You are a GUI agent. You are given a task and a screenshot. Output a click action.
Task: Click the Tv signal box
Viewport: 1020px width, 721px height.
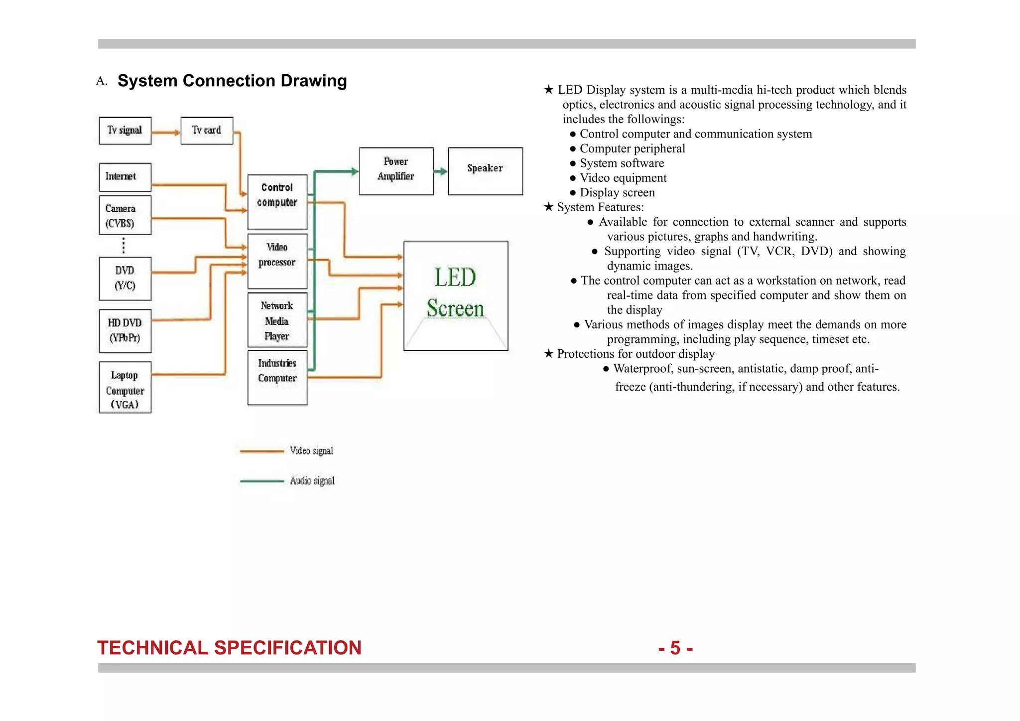pyautogui.click(x=125, y=131)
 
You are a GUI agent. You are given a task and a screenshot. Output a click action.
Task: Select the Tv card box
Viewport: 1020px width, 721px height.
pyautogui.click(x=207, y=131)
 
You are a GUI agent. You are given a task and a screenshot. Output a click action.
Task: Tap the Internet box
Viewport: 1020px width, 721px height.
pyautogui.click(x=125, y=177)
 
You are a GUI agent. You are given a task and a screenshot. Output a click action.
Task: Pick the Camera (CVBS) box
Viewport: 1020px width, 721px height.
pyautogui.click(x=125, y=215)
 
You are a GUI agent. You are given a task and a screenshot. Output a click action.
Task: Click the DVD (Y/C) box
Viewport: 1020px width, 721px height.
pyautogui.click(x=125, y=278)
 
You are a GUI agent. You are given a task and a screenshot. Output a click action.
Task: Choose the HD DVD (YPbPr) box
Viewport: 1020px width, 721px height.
pyautogui.click(x=125, y=330)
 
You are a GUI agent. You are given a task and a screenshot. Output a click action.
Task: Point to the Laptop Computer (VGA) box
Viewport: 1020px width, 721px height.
pyautogui.click(x=125, y=387)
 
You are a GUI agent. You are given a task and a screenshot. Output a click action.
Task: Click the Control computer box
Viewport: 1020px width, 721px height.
pyautogui.click(x=277, y=201)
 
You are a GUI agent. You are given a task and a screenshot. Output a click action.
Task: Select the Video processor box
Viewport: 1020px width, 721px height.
pyautogui.click(x=277, y=261)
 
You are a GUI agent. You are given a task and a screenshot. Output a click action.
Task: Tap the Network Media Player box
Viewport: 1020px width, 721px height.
pyautogui.click(x=277, y=320)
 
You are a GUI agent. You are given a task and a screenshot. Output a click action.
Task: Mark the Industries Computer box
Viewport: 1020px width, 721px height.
pyautogui.click(x=277, y=377)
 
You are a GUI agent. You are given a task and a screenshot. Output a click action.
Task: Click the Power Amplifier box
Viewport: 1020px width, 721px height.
pyautogui.click(x=396, y=170)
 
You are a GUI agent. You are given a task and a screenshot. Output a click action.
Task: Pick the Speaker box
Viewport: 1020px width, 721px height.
pyautogui.click(x=485, y=170)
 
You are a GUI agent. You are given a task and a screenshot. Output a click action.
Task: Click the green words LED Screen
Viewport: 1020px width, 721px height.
pyautogui.click(x=455, y=293)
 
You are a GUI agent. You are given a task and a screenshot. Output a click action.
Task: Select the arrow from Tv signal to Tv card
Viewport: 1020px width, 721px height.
pyautogui.click(x=166, y=133)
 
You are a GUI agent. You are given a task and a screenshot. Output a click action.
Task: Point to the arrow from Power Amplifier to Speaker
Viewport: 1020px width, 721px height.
pyautogui.click(x=441, y=172)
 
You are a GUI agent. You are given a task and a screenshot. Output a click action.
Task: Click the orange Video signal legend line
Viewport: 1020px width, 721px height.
pyautogui.click(x=262, y=451)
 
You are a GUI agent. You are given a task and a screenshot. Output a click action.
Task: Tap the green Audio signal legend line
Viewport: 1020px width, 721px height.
pyautogui.click(x=262, y=481)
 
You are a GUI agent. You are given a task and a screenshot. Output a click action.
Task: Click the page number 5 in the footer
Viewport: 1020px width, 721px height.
pyautogui.click(x=675, y=648)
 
